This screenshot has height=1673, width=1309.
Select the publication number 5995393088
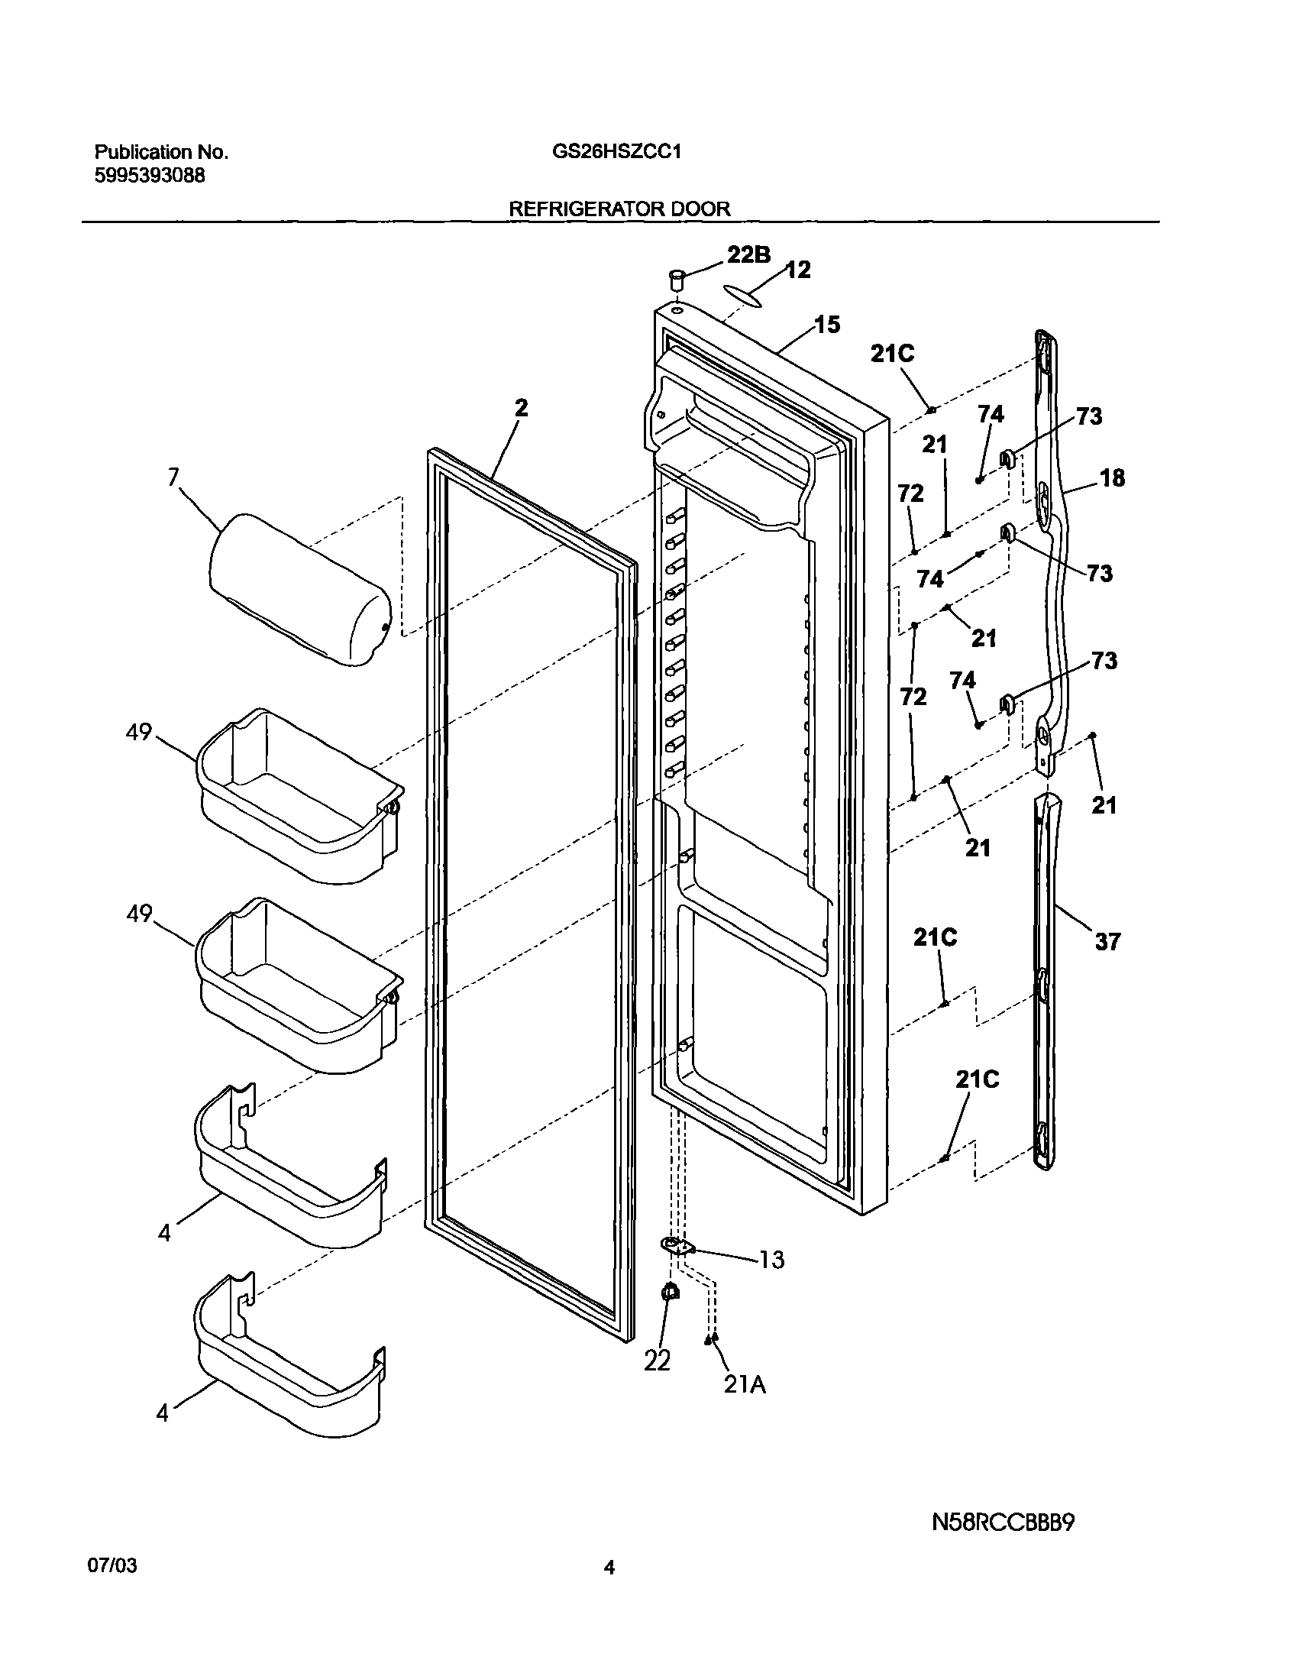tap(150, 176)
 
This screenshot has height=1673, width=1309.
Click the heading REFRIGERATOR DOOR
tap(619, 209)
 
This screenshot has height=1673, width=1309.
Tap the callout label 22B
tap(748, 254)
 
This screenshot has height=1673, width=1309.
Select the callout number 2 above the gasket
tap(521, 408)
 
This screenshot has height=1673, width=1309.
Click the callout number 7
tap(173, 477)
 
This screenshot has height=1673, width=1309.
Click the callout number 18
tap(1112, 478)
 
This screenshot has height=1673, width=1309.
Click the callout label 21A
tap(745, 1385)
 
